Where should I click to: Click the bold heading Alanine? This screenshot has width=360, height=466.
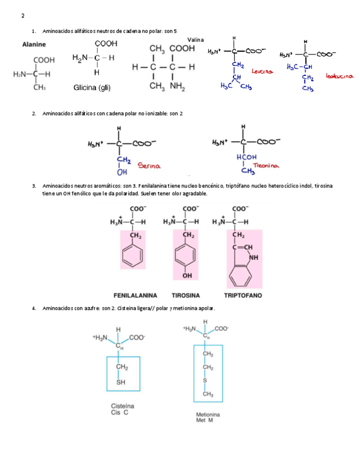[34, 45]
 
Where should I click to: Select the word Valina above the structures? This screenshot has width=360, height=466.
[195, 40]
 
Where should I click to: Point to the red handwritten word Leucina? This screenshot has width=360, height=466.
[262, 71]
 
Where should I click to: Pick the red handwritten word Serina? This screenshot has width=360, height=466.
[148, 165]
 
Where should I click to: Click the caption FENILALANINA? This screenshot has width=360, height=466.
[135, 295]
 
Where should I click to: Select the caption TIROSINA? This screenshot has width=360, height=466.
[185, 295]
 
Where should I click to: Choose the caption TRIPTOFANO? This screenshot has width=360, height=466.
[243, 295]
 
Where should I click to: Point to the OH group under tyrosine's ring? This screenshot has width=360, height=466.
[187, 275]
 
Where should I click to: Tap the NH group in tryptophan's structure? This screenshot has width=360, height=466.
[254, 257]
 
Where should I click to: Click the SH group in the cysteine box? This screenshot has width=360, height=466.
[121, 381]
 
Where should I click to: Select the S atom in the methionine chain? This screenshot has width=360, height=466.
[204, 380]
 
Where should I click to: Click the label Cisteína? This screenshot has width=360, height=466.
[123, 406]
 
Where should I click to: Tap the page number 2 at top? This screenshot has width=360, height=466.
[23, 15]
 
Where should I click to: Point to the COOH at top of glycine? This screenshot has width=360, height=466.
[106, 43]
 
